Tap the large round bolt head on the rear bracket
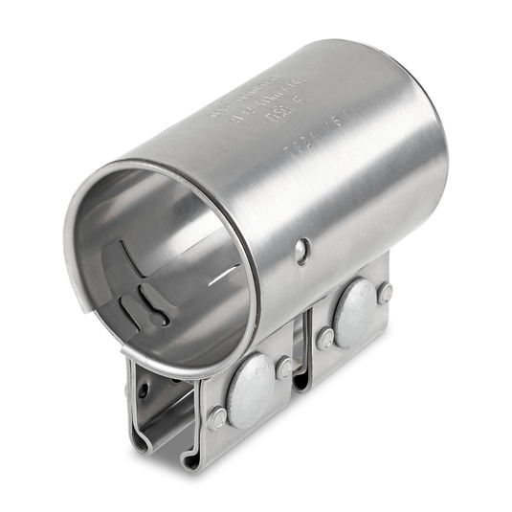(355, 305)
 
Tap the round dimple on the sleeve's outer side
(303, 250)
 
